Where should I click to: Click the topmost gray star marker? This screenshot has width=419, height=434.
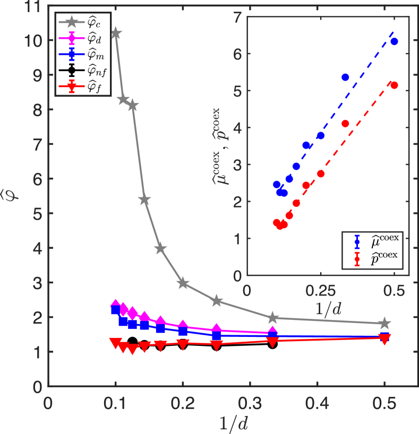[x=115, y=33]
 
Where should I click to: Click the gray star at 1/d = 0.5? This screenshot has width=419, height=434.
[x=384, y=323]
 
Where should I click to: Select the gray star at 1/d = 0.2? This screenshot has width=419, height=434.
[x=183, y=283]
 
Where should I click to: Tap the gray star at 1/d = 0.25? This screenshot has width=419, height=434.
[x=216, y=301]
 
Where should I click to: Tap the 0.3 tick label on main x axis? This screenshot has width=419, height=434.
[x=250, y=403]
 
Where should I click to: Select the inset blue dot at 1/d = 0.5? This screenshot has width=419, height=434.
[x=394, y=41]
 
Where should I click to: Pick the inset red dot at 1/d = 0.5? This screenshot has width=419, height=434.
[x=394, y=85]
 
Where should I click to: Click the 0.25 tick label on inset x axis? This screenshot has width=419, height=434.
[x=320, y=291]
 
